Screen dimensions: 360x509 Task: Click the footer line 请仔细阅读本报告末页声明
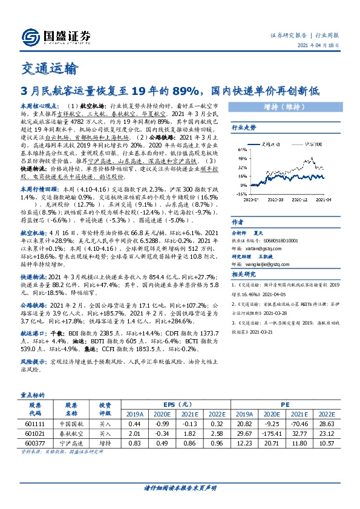180,488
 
